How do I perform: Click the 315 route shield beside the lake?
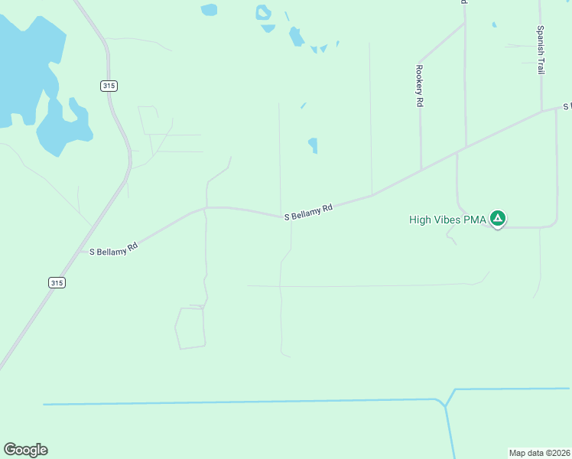(109, 86)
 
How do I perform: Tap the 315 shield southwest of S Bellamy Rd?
(57, 282)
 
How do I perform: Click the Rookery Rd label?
(419, 85)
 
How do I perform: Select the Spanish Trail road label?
(540, 50)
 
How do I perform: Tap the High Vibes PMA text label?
(448, 220)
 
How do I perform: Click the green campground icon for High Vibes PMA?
(498, 219)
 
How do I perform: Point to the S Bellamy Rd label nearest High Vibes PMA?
(309, 212)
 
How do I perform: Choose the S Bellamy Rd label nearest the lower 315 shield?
(113, 249)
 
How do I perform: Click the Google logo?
(25, 450)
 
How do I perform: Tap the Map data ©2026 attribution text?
(539, 453)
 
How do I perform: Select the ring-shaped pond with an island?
(264, 12)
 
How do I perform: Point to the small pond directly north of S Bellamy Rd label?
(313, 145)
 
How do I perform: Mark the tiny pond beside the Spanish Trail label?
(494, 24)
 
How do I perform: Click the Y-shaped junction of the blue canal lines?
(445, 402)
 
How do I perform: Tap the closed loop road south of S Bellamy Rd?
(190, 327)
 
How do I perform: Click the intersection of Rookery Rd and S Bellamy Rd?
(421, 171)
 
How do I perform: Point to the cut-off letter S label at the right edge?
(567, 105)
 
